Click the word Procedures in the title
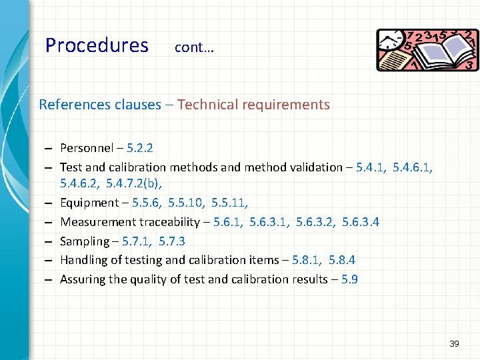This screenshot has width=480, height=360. coord(97,45)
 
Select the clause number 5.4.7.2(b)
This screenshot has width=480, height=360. coord(134,183)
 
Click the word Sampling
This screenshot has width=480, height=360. coord(84,241)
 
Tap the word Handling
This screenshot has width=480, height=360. coord(83,261)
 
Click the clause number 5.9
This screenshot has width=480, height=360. coord(349,279)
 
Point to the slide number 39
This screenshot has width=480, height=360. coord(454,344)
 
